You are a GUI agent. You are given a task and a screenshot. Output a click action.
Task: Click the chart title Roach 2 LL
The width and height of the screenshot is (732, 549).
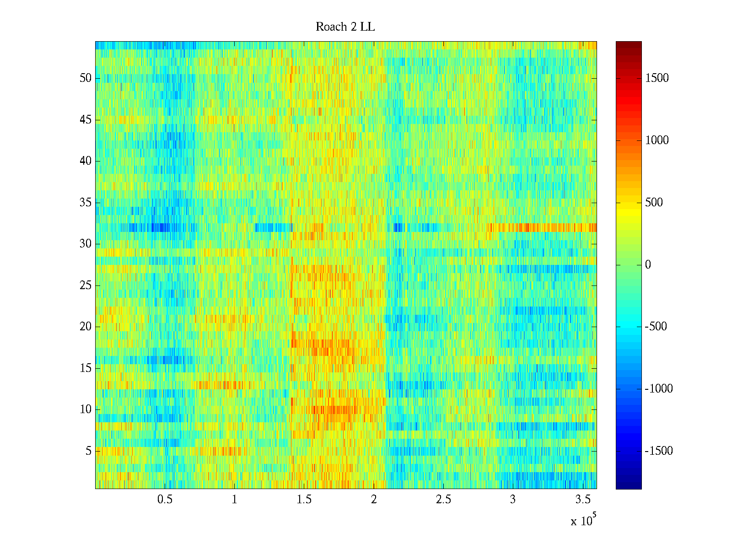345,27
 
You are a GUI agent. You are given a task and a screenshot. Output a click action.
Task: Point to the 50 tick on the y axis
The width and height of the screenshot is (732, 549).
86,78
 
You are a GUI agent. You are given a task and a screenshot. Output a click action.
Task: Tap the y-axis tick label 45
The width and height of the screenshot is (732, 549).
86,120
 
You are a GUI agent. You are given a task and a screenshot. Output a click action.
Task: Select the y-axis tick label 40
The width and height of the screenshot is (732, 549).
86,161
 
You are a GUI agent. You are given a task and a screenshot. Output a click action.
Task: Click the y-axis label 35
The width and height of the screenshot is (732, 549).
86,203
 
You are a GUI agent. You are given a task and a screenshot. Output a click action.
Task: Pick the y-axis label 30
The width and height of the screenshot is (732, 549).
86,244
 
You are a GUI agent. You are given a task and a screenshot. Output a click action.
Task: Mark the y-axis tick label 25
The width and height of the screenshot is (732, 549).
86,285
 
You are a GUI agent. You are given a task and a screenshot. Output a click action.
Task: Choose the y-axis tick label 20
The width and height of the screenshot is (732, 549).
86,327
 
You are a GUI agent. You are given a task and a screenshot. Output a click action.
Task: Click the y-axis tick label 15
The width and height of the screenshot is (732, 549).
86,368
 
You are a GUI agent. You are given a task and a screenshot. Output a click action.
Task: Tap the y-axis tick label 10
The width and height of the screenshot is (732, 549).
86,409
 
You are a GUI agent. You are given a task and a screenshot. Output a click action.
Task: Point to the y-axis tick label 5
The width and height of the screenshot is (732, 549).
88,451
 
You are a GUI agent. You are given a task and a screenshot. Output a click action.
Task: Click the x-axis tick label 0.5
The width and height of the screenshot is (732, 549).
165,500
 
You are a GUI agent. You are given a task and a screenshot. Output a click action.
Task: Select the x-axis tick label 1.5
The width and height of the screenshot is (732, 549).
304,500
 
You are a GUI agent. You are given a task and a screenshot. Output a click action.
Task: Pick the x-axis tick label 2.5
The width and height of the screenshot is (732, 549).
443,500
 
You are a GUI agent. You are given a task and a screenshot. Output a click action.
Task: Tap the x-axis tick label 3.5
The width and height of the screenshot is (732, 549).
582,500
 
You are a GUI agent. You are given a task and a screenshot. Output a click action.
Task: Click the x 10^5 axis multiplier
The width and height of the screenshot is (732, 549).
583,521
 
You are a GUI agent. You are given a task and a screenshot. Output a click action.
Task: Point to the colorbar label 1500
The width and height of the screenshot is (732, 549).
657,78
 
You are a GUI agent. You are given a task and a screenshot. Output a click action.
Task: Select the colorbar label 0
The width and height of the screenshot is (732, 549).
648,265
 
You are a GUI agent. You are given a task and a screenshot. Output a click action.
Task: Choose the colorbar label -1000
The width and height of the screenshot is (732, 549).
659,389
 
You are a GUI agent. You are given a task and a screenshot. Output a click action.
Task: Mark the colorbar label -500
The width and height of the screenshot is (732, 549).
656,327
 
